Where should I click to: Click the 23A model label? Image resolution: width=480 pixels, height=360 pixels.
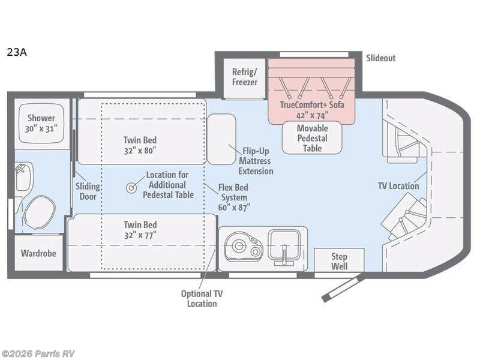[17, 52]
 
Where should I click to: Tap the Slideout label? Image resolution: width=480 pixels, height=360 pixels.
[381, 58]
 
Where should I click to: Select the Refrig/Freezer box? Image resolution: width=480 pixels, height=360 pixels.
[245, 79]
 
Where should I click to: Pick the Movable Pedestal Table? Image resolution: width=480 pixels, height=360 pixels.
[312, 138]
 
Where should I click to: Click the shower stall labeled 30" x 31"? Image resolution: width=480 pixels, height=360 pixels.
[41, 124]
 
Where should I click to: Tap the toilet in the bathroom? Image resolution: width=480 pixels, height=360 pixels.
[39, 212]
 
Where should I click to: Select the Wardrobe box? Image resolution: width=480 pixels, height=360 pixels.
[38, 253]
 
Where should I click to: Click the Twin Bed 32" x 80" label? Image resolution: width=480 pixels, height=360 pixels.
[140, 145]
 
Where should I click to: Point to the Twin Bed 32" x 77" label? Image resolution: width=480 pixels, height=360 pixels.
[140, 230]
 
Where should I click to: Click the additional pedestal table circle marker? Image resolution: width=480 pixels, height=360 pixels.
[131, 188]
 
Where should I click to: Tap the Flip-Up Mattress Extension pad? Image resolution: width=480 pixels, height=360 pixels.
[221, 139]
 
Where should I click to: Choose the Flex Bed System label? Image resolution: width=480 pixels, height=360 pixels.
[234, 197]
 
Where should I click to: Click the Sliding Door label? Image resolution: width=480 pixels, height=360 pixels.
[88, 191]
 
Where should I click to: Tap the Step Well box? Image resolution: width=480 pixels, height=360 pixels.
[339, 260]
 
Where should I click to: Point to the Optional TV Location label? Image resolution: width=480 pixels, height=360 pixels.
[202, 298]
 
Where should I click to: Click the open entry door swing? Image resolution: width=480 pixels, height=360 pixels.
[342, 288]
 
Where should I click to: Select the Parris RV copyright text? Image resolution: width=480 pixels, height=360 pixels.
[38, 353]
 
